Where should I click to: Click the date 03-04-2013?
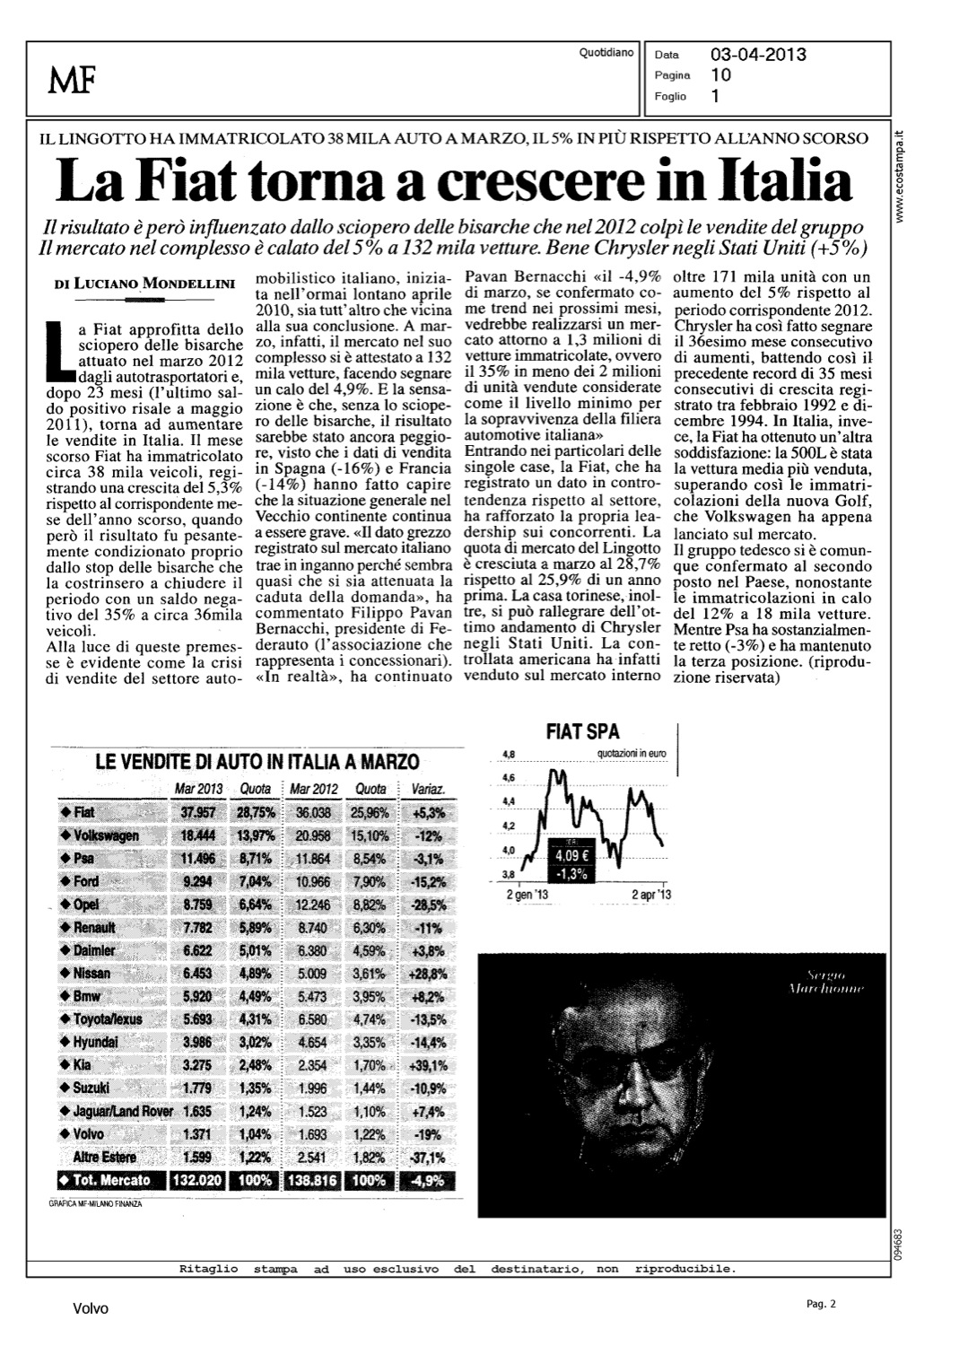click(x=758, y=55)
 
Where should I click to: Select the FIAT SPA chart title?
click(x=583, y=733)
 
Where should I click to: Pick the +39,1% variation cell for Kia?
click(x=427, y=1065)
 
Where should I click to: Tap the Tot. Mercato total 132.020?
click(x=196, y=1181)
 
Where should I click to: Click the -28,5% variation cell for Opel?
click(x=427, y=905)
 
